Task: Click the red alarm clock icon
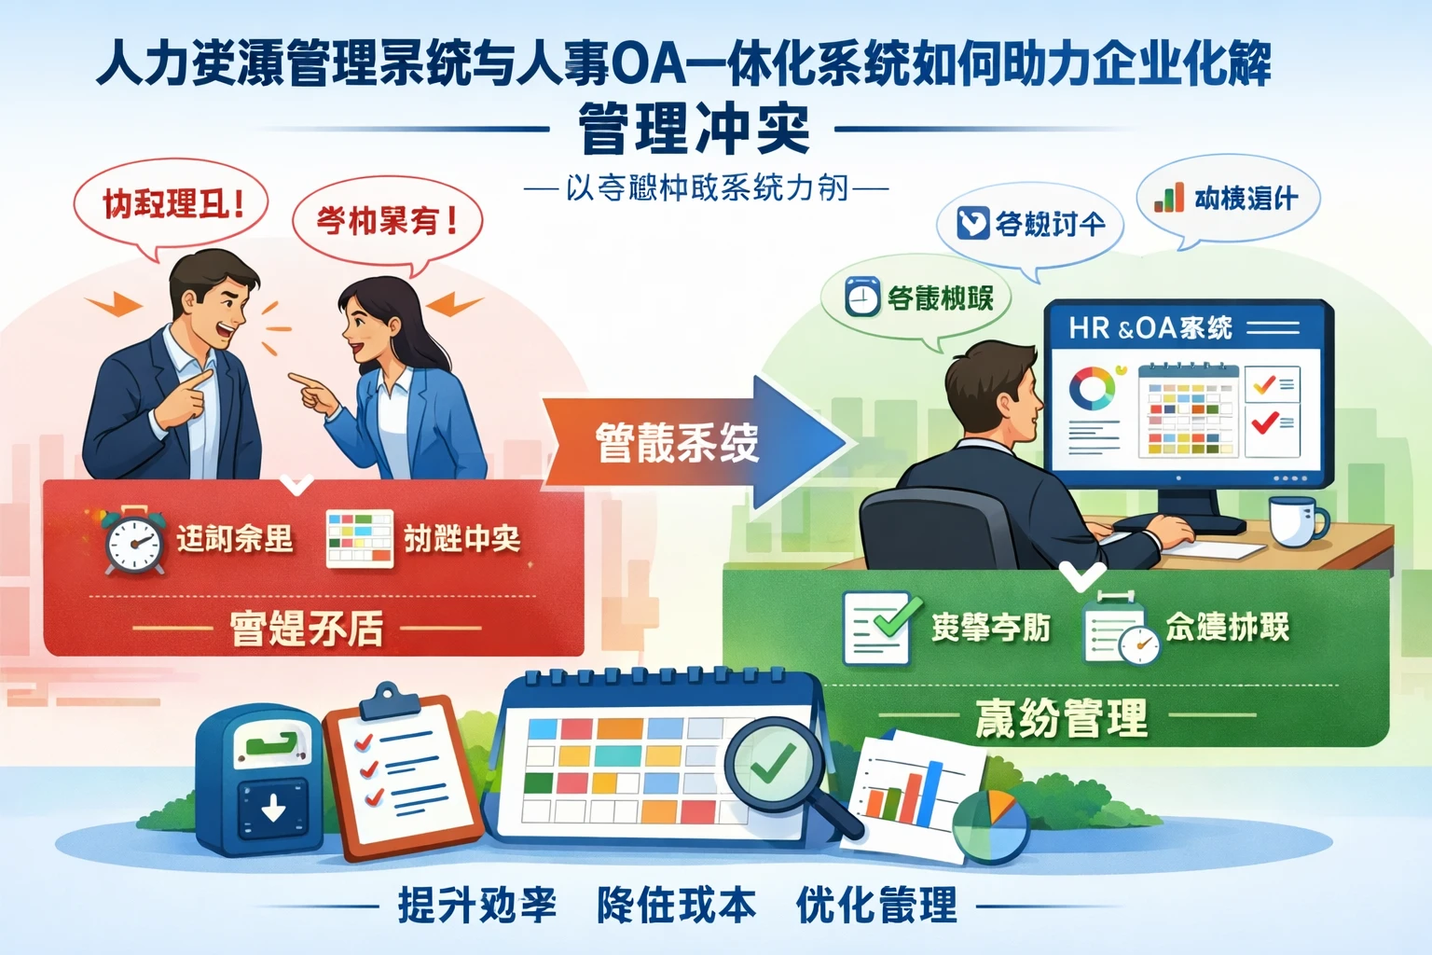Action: click(x=134, y=541)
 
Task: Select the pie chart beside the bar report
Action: click(x=990, y=826)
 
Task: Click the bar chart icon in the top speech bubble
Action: click(x=1169, y=198)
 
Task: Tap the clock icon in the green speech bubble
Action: click(x=862, y=298)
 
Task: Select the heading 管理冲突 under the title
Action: click(x=694, y=130)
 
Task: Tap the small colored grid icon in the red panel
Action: click(x=360, y=539)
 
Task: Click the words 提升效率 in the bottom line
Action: click(x=476, y=905)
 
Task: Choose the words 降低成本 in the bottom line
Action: click(x=676, y=905)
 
